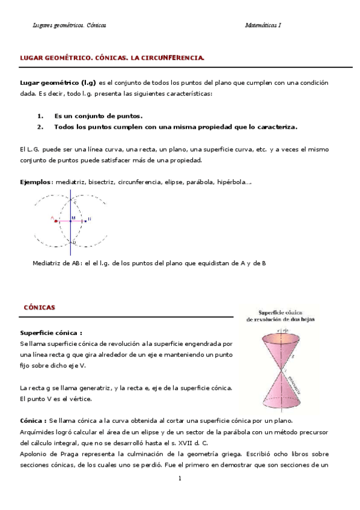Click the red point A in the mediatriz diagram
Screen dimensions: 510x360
click(x=56, y=221)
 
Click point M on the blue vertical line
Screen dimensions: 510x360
click(x=71, y=221)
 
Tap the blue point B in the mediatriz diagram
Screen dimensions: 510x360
click(x=85, y=221)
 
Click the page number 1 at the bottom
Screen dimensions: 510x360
click(x=179, y=478)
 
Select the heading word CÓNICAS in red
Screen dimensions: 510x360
click(x=39, y=307)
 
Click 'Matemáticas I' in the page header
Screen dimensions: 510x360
click(x=263, y=25)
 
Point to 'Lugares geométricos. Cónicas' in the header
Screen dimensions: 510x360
click(x=69, y=25)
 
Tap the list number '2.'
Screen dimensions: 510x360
click(x=40, y=127)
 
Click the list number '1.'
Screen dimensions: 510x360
click(x=40, y=115)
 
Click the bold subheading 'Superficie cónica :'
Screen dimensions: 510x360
click(x=51, y=333)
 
